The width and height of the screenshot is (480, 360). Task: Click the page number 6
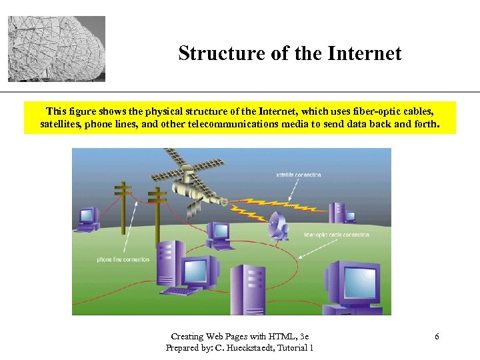pyautogui.click(x=437, y=337)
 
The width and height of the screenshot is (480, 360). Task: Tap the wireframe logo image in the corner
pyautogui.click(x=57, y=49)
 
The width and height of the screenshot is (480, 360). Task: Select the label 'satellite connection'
pyautogui.click(x=298, y=175)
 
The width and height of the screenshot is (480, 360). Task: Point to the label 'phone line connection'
pyautogui.click(x=123, y=259)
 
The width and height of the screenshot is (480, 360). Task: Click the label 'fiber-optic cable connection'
pyautogui.click(x=336, y=235)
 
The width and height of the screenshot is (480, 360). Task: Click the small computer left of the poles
pyautogui.click(x=87, y=218)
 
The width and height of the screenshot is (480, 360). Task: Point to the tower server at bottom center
pyautogui.click(x=247, y=290)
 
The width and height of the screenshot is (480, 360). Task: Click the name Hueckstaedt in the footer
pyautogui.click(x=259, y=347)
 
